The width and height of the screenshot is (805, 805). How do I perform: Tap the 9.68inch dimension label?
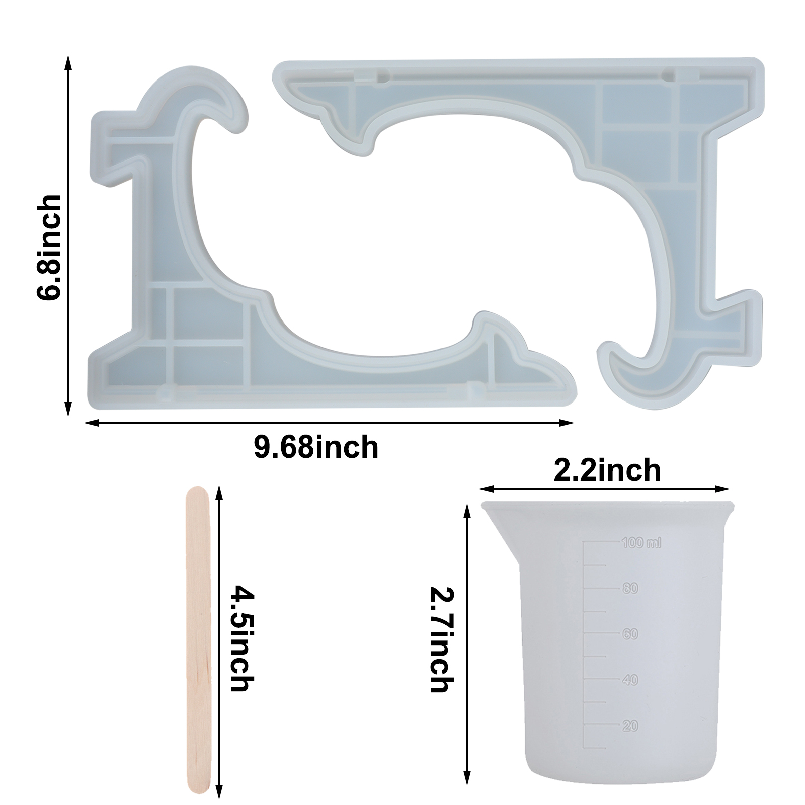[x=316, y=447]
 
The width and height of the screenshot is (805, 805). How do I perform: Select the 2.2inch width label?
[x=607, y=470]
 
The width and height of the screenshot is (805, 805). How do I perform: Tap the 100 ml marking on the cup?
[x=641, y=543]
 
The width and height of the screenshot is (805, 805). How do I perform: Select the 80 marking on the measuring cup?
[x=630, y=588]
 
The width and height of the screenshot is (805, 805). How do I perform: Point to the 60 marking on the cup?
[x=630, y=634]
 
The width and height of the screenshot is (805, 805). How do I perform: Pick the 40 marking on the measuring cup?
[x=630, y=680]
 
